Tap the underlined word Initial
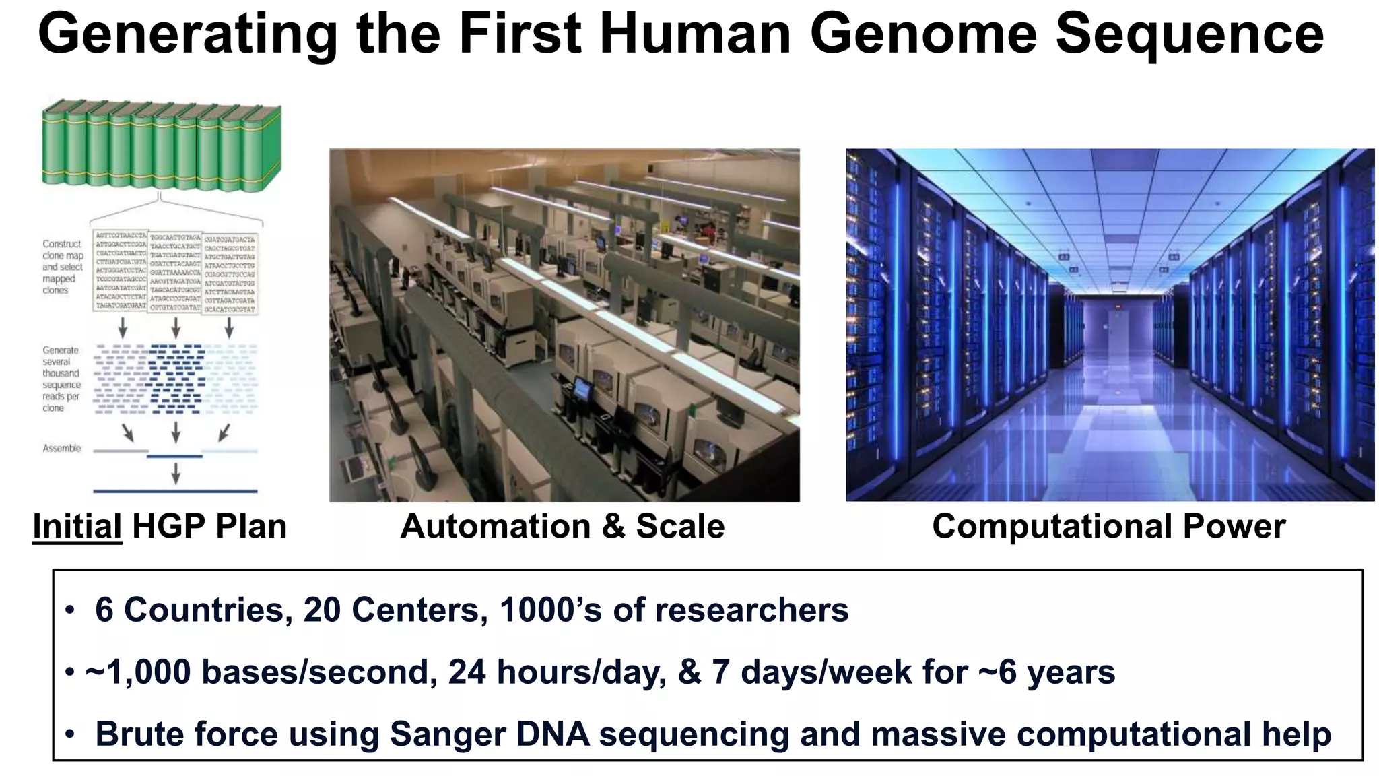click(x=77, y=526)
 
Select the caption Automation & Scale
click(x=562, y=526)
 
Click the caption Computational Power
click(x=1108, y=526)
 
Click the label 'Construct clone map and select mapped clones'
click(x=63, y=267)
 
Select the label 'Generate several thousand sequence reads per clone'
click(x=61, y=379)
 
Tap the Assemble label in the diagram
click(x=61, y=448)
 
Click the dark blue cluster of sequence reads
click(x=175, y=377)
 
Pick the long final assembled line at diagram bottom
click(x=175, y=491)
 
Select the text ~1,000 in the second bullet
click(x=138, y=672)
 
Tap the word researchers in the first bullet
click(x=751, y=610)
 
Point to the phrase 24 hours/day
click(x=556, y=672)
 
